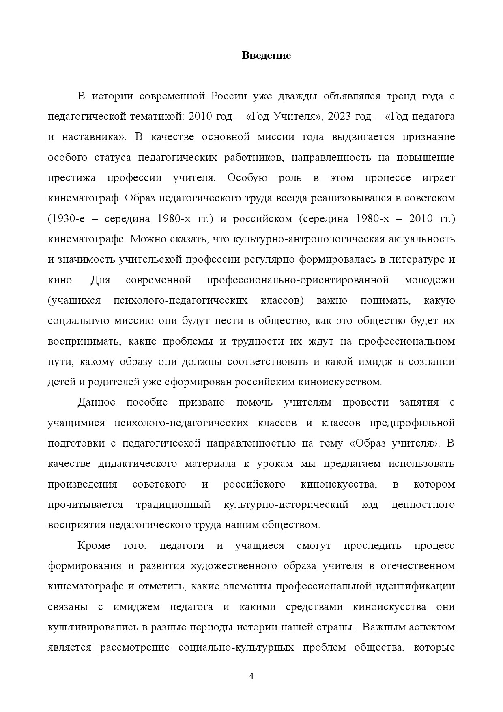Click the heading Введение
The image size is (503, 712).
click(266, 56)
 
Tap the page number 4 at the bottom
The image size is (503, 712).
click(251, 676)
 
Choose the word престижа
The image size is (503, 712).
click(72, 178)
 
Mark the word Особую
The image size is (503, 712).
click(247, 178)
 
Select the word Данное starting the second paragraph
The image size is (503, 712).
click(96, 402)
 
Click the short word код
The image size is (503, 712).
click(370, 505)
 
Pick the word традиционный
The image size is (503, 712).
click(173, 505)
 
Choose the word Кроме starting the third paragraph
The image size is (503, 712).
click(94, 545)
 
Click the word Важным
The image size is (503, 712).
click(380, 627)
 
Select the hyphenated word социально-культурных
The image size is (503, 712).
click(236, 647)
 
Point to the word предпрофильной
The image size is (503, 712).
click(412, 423)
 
